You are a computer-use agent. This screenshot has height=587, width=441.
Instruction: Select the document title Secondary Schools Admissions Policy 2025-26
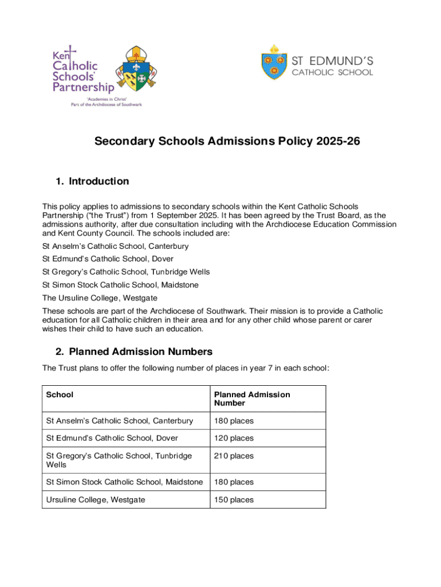click(x=227, y=141)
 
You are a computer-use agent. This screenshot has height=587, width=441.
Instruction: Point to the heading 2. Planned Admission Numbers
click(x=134, y=351)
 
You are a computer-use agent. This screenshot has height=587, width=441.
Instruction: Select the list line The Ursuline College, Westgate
click(x=100, y=298)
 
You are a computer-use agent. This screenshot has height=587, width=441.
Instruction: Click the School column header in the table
click(x=60, y=395)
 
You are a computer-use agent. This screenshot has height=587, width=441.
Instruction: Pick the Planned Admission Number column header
click(x=252, y=399)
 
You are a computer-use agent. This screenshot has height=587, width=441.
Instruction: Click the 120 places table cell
click(x=234, y=439)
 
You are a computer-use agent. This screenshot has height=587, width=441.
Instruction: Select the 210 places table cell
click(x=234, y=456)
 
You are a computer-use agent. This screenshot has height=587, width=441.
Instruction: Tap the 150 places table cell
click(x=234, y=500)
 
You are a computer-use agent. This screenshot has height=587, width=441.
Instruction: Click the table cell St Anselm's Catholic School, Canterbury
click(x=120, y=421)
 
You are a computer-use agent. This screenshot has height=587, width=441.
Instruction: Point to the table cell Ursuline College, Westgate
click(x=96, y=500)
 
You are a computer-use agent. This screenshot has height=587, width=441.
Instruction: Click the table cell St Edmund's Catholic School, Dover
click(x=112, y=439)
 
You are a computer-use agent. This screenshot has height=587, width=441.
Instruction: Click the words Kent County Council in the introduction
click(x=95, y=234)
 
